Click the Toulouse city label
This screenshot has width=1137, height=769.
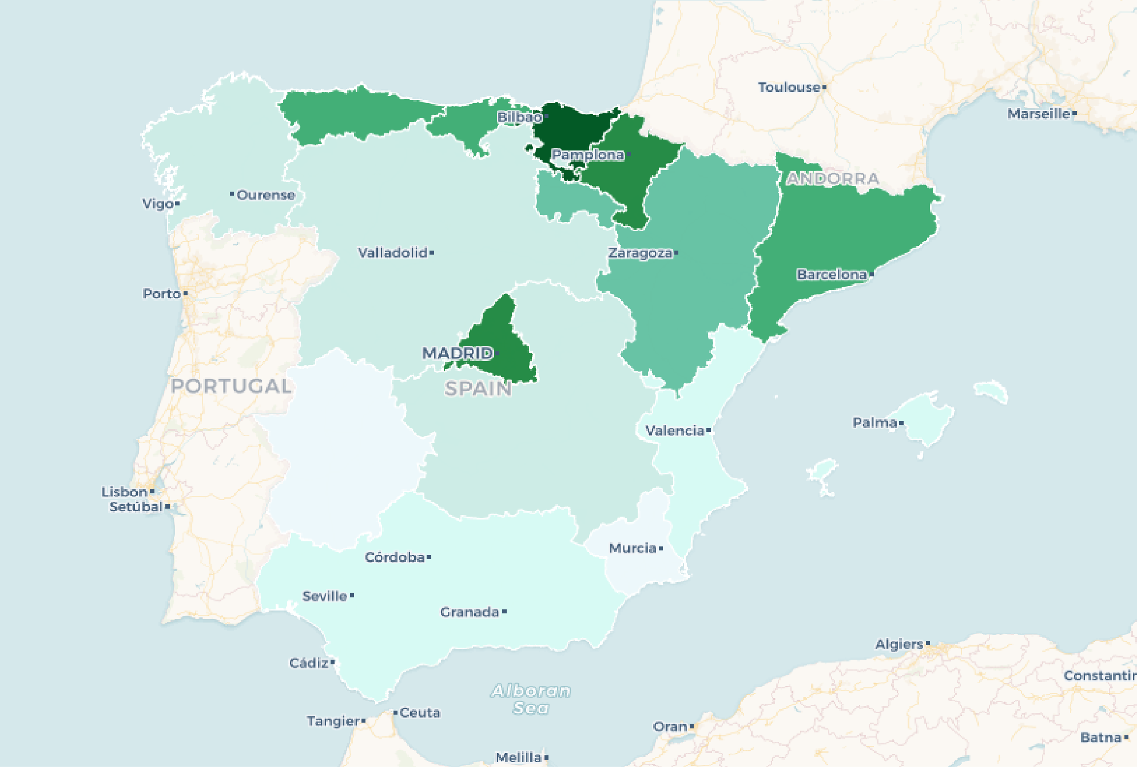pyautogui.click(x=789, y=88)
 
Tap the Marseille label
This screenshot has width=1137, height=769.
pyautogui.click(x=1039, y=114)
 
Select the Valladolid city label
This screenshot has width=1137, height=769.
pyautogui.click(x=393, y=252)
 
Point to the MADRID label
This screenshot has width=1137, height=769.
pyautogui.click(x=458, y=353)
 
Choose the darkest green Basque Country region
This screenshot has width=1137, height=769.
pyautogui.click(x=572, y=129)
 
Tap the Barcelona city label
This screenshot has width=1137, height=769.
pyautogui.click(x=832, y=275)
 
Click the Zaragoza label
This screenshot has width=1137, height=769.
pyautogui.click(x=640, y=253)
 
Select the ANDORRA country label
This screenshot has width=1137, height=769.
pyautogui.click(x=833, y=179)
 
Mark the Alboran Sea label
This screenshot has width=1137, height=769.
pyautogui.click(x=531, y=699)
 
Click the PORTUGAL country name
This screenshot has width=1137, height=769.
pyautogui.click(x=231, y=386)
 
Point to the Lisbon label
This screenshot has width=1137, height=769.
pyautogui.click(x=125, y=492)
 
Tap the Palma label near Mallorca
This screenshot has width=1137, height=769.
pyautogui.click(x=874, y=423)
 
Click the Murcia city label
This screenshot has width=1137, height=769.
pyautogui.click(x=633, y=548)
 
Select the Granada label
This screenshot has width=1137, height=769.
pyautogui.click(x=470, y=612)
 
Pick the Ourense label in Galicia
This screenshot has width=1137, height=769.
pyautogui.click(x=265, y=195)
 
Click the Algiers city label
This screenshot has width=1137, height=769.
pyautogui.click(x=899, y=644)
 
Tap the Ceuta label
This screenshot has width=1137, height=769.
pyautogui.click(x=420, y=712)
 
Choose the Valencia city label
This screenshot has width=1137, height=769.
pyautogui.click(x=675, y=430)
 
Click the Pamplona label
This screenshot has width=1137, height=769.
pyautogui.click(x=587, y=154)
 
